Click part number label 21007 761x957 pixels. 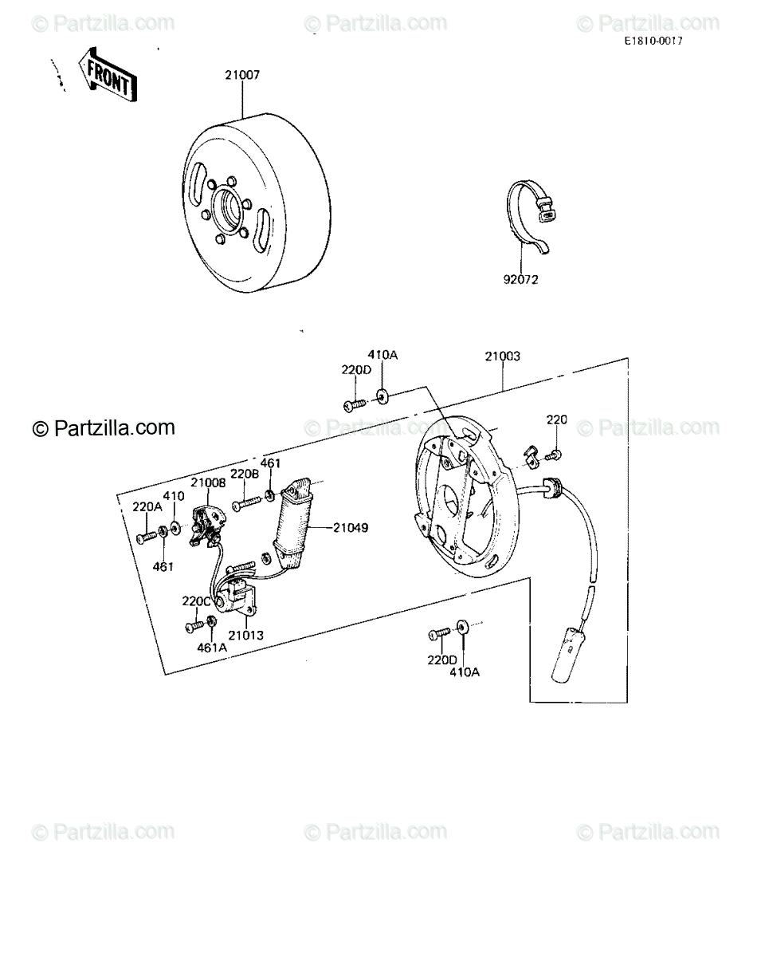click(242, 75)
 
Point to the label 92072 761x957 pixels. click(520, 280)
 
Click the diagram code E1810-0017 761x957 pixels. click(653, 41)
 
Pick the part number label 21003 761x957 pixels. click(502, 356)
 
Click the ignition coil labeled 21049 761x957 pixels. click(292, 525)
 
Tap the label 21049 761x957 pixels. click(351, 528)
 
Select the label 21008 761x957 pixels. click(208, 482)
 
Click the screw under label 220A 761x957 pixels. click(147, 538)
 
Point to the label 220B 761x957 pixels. click(245, 474)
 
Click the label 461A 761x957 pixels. click(212, 648)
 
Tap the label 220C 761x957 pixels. click(196, 601)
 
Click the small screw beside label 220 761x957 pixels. click(554, 455)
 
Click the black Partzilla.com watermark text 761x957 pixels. click(104, 427)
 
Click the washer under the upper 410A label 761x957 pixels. click(382, 396)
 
